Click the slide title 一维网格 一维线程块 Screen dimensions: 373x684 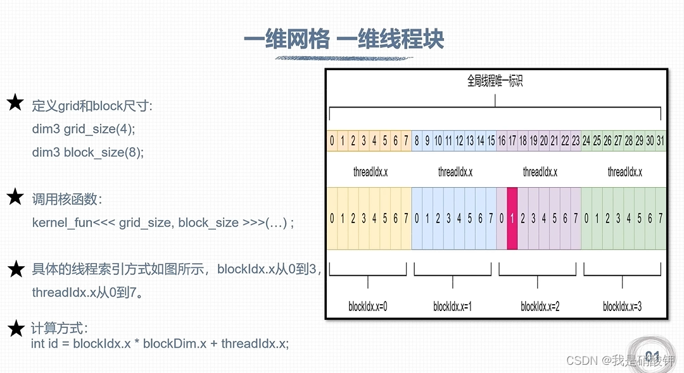[344, 39]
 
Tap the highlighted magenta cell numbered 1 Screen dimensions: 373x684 [512, 219]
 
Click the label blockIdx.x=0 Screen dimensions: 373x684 [368, 307]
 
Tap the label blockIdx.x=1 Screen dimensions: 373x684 [453, 307]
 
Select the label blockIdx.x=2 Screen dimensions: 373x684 [540, 307]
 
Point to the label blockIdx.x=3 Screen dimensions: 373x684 [623, 307]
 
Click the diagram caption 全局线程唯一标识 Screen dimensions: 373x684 [495, 81]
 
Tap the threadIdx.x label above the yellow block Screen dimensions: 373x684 [370, 172]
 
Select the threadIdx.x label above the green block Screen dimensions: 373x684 [624, 172]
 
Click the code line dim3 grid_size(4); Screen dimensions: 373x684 [84, 129]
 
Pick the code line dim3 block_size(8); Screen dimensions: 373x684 [88, 152]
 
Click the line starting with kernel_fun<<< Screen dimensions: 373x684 [163, 223]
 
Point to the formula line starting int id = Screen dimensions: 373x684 [160, 344]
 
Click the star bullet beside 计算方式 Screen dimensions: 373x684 [15, 329]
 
